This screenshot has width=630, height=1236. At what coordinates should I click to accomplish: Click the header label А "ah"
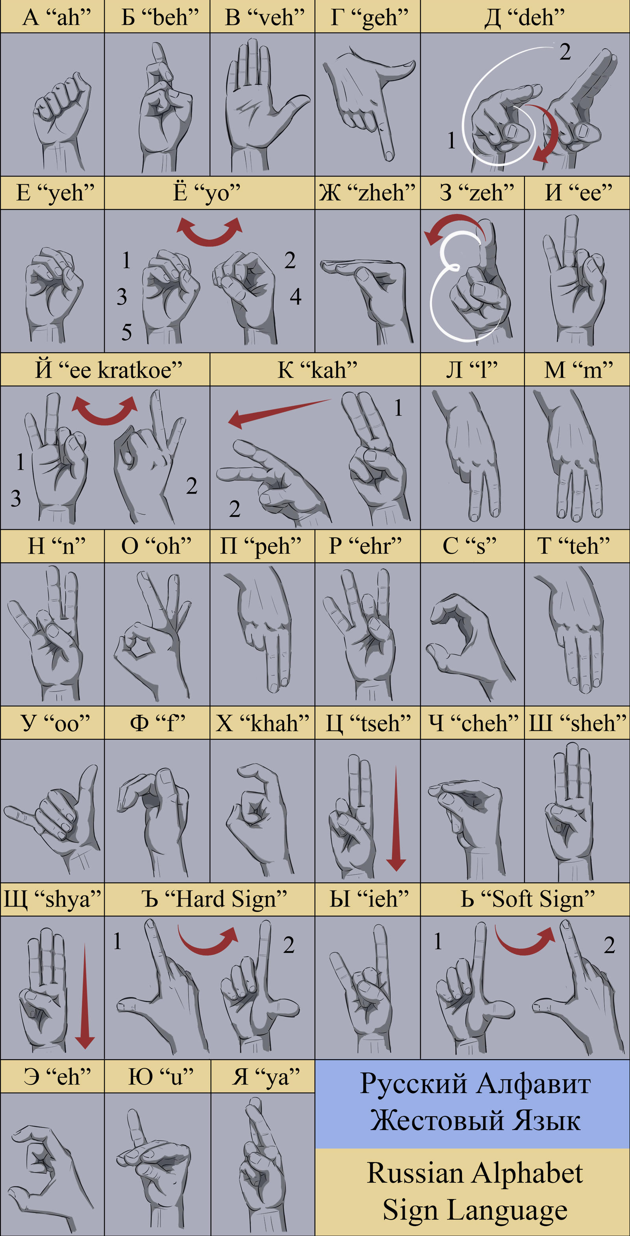click(x=57, y=17)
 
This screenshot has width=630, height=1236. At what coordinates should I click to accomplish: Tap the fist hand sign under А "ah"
click(x=60, y=115)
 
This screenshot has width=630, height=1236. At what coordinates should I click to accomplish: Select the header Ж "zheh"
click(x=367, y=193)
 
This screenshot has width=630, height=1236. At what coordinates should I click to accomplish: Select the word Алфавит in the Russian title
click(x=534, y=1083)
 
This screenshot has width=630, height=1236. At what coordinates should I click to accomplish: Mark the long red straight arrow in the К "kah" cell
click(x=278, y=413)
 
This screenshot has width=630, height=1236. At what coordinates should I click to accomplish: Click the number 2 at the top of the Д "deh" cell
click(x=565, y=52)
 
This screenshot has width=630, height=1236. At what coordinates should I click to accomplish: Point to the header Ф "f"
click(x=157, y=723)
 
